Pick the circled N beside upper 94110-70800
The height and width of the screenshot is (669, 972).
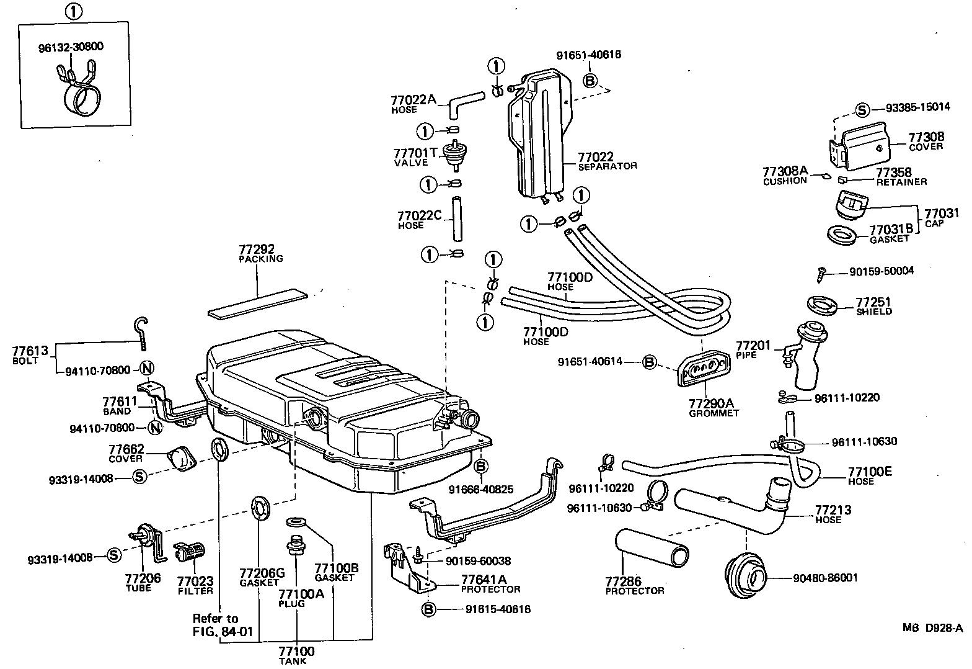tap(148, 370)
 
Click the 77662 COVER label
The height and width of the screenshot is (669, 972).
tap(126, 453)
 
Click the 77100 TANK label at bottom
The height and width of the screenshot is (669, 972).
tap(296, 655)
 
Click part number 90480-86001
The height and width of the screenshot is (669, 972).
tap(825, 578)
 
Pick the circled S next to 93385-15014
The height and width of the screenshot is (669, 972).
tap(863, 109)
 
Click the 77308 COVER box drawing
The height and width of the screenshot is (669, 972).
tap(858, 146)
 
